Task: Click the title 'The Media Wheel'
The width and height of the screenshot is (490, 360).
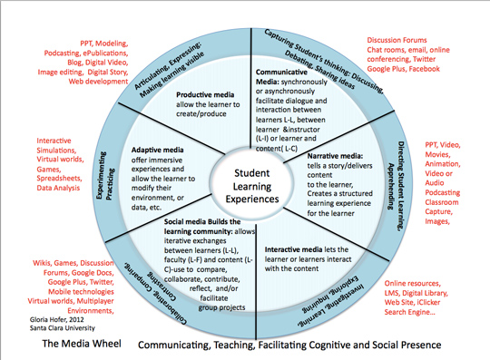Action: (61, 345)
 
